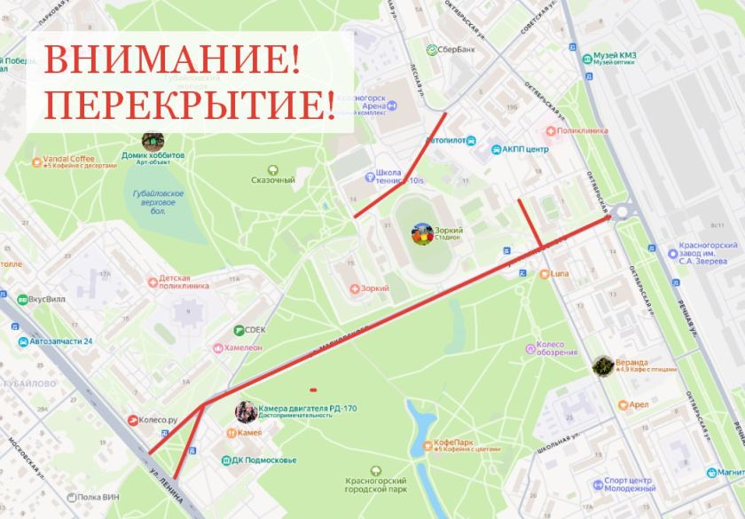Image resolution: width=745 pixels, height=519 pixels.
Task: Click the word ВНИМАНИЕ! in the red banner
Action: (172, 59)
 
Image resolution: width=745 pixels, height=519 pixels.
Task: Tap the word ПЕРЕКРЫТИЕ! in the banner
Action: (190, 105)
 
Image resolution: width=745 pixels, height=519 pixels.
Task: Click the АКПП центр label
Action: (525, 149)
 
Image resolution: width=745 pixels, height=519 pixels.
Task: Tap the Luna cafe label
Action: (560, 273)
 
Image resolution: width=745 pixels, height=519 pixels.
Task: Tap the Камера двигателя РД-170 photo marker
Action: (247, 411)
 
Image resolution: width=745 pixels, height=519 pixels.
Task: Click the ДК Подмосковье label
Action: (264, 460)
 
